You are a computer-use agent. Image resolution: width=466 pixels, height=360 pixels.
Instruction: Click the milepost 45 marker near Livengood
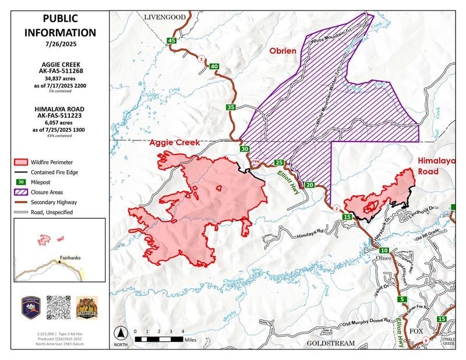171,40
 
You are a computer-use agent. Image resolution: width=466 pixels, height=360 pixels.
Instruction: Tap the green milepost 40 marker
214,66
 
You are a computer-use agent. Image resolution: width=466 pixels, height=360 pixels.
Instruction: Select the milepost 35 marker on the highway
231,107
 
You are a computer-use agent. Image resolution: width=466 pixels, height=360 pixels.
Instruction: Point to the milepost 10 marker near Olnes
368,249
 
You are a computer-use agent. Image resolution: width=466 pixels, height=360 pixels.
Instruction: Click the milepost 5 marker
403,299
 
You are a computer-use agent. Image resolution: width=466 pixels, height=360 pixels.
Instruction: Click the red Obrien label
283,51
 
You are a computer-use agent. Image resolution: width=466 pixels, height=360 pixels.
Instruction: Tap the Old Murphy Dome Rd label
366,322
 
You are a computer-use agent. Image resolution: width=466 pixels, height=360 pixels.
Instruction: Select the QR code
58,306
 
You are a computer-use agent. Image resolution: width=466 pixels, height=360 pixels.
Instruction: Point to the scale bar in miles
159,338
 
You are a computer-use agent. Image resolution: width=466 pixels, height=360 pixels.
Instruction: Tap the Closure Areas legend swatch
23,191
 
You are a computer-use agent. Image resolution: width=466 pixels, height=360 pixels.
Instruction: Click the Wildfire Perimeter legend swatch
23,161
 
